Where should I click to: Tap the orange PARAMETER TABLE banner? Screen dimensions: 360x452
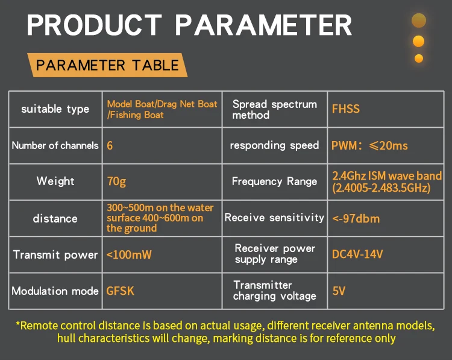pyautogui.click(x=107, y=65)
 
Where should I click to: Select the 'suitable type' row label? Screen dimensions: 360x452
pyautogui.click(x=55, y=109)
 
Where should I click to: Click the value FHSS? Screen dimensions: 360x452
pyautogui.click(x=345, y=109)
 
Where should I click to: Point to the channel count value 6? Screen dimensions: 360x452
pyautogui.click(x=110, y=145)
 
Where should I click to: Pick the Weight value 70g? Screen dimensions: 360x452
pyautogui.click(x=116, y=181)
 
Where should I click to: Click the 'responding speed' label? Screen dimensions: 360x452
pyautogui.click(x=274, y=145)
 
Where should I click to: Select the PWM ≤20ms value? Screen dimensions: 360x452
pyautogui.click(x=369, y=145)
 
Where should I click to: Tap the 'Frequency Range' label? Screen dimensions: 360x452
pyautogui.click(x=274, y=181)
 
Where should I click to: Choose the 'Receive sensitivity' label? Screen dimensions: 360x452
pyautogui.click(x=274, y=218)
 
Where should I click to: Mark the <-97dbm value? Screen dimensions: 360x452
pyautogui.click(x=356, y=218)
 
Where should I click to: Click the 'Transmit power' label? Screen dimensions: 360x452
pyautogui.click(x=55, y=254)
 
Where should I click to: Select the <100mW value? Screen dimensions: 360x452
pyautogui.click(x=128, y=254)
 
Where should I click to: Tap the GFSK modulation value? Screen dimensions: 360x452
pyautogui.click(x=120, y=291)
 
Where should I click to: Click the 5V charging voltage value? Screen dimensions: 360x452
pyautogui.click(x=339, y=291)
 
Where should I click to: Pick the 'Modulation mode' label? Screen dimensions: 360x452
pyautogui.click(x=55, y=291)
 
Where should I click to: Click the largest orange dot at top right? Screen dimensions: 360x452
pyautogui.click(x=419, y=21)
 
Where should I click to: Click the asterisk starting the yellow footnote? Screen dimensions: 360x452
pyautogui.click(x=17, y=324)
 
